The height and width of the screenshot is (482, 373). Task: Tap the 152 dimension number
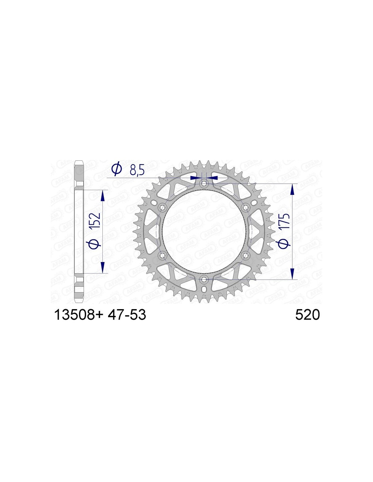coord(96,222)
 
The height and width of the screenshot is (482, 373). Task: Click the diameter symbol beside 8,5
coord(117,170)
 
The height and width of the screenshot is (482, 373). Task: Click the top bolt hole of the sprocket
coord(204,183)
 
